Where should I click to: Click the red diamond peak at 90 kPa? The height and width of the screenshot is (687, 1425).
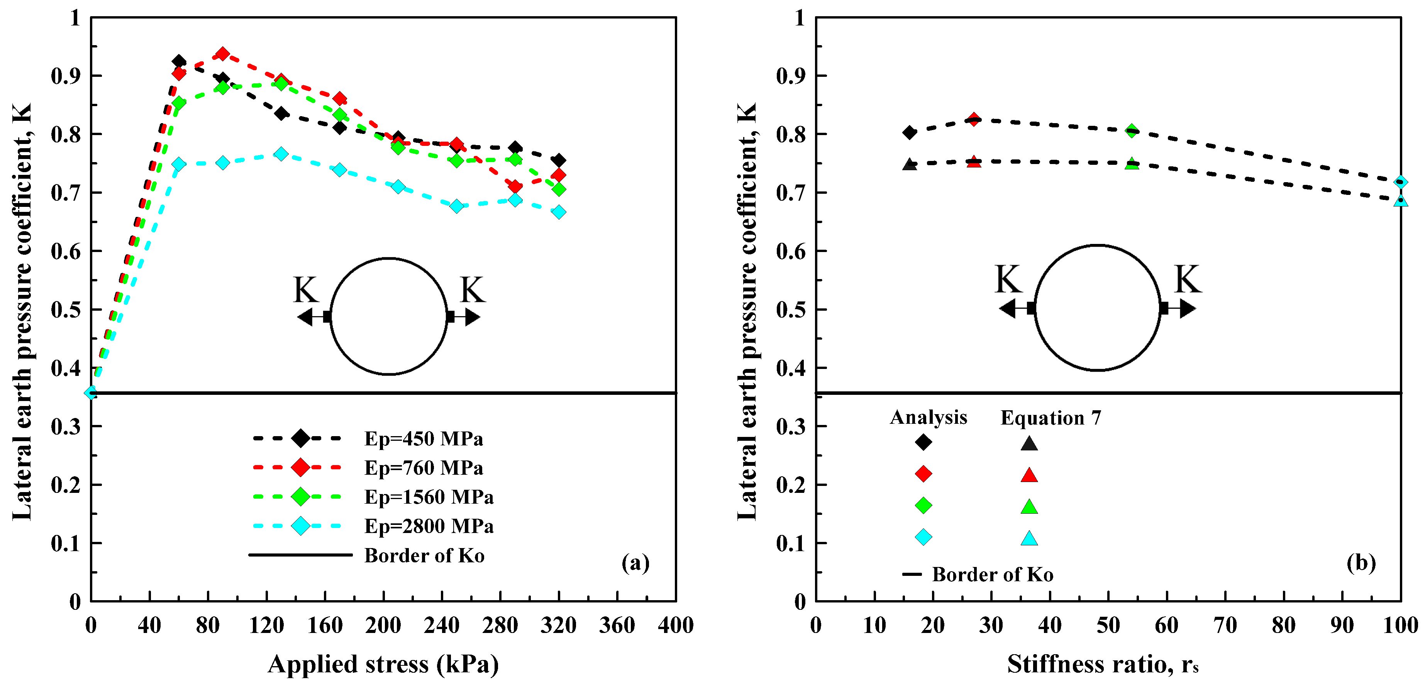(222, 54)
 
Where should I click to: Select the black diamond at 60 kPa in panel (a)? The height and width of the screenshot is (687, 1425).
(179, 61)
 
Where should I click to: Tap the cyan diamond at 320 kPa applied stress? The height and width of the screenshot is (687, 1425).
(559, 212)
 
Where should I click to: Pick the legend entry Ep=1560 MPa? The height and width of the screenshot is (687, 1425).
(428, 497)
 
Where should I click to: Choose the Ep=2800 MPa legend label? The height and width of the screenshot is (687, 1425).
(428, 526)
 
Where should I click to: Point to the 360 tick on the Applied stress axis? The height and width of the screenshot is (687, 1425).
(617, 625)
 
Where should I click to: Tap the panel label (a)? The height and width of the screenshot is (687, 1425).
(635, 563)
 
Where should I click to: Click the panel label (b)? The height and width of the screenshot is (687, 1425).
(1361, 563)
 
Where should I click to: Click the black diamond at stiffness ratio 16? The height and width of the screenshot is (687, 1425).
(910, 132)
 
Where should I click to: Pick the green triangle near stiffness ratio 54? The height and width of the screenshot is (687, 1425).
(1132, 164)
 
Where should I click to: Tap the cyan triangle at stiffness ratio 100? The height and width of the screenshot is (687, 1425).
(1400, 200)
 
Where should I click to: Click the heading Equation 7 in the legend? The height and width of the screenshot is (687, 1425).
(1051, 418)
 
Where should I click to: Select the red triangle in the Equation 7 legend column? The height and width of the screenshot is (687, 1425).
(1029, 475)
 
